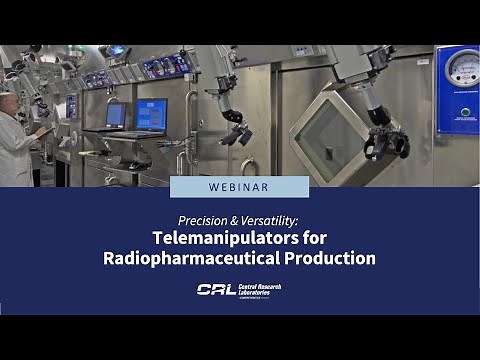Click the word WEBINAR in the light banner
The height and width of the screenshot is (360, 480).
pos(239,187)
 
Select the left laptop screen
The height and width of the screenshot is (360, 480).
pos(116,115)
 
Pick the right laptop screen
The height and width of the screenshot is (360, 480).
pos(152,113)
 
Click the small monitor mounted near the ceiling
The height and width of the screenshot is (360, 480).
pos(116,51)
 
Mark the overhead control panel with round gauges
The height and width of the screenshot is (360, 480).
pos(159,66)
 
